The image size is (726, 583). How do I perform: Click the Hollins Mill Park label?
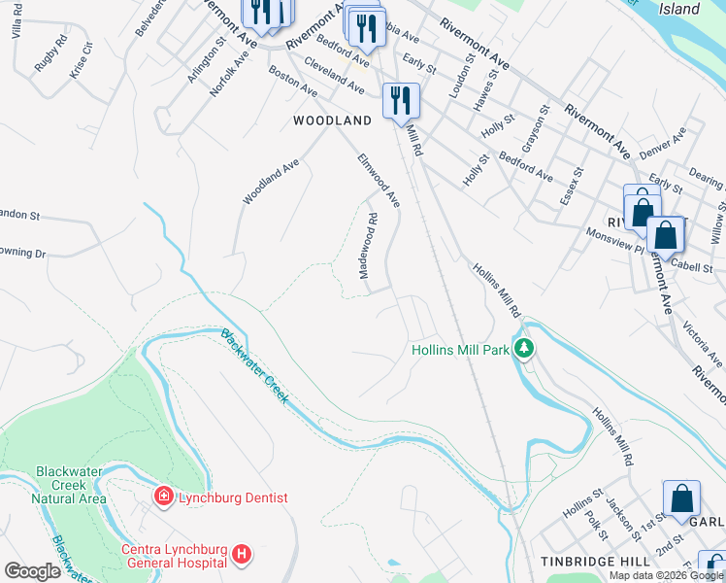(x=461, y=349)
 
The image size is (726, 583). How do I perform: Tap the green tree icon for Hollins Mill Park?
(x=524, y=348)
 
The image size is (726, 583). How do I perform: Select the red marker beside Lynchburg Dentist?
(x=163, y=497)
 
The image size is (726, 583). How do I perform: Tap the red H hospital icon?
(x=242, y=556)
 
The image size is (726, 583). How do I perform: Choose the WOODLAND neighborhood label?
(x=333, y=120)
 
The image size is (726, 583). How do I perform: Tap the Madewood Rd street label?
(x=368, y=246)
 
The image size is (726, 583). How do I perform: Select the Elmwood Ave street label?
(x=379, y=180)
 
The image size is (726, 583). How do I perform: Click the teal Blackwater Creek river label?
(x=254, y=366)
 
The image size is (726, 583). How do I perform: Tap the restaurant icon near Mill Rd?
(x=400, y=99)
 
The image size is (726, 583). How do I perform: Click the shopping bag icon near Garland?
(x=682, y=497)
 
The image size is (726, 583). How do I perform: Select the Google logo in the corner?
(x=32, y=571)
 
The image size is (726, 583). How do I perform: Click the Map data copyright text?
(x=665, y=575)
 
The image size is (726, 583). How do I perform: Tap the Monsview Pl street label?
(x=614, y=239)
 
